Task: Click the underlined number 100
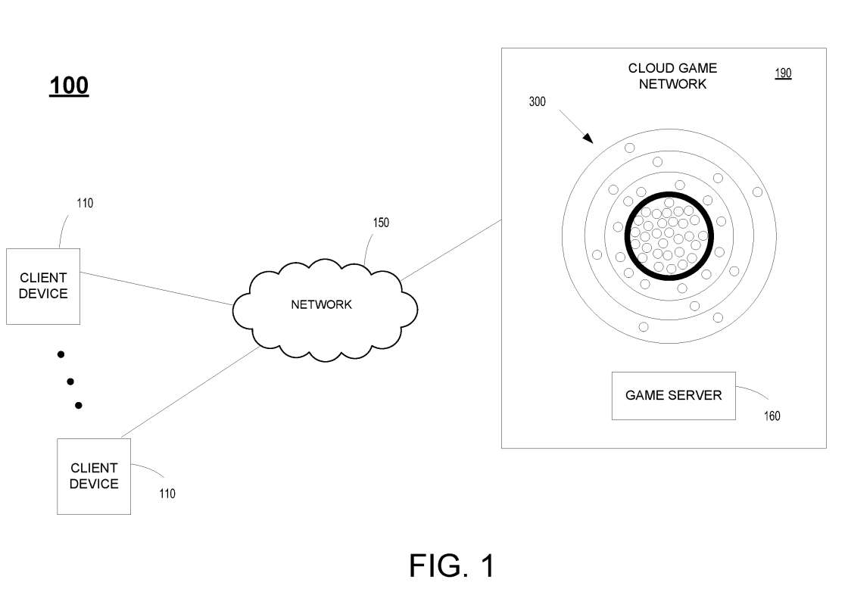coord(69,86)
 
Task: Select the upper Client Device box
coord(43,286)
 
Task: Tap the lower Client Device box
coord(94,476)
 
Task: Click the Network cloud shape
coord(322,304)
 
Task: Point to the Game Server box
coord(673,395)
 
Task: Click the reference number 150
coord(380,223)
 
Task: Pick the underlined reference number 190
coord(783,73)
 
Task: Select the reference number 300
coord(537,101)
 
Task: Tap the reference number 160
coord(772,416)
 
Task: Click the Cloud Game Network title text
coord(672,76)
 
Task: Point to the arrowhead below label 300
coord(589,139)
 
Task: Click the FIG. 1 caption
coord(451,566)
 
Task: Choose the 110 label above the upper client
coord(85,203)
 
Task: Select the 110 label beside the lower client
coord(167,494)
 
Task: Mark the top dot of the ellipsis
coord(61,354)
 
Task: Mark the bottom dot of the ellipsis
coord(78,406)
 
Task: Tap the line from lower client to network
coord(189,394)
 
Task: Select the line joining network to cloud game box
coord(452,250)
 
